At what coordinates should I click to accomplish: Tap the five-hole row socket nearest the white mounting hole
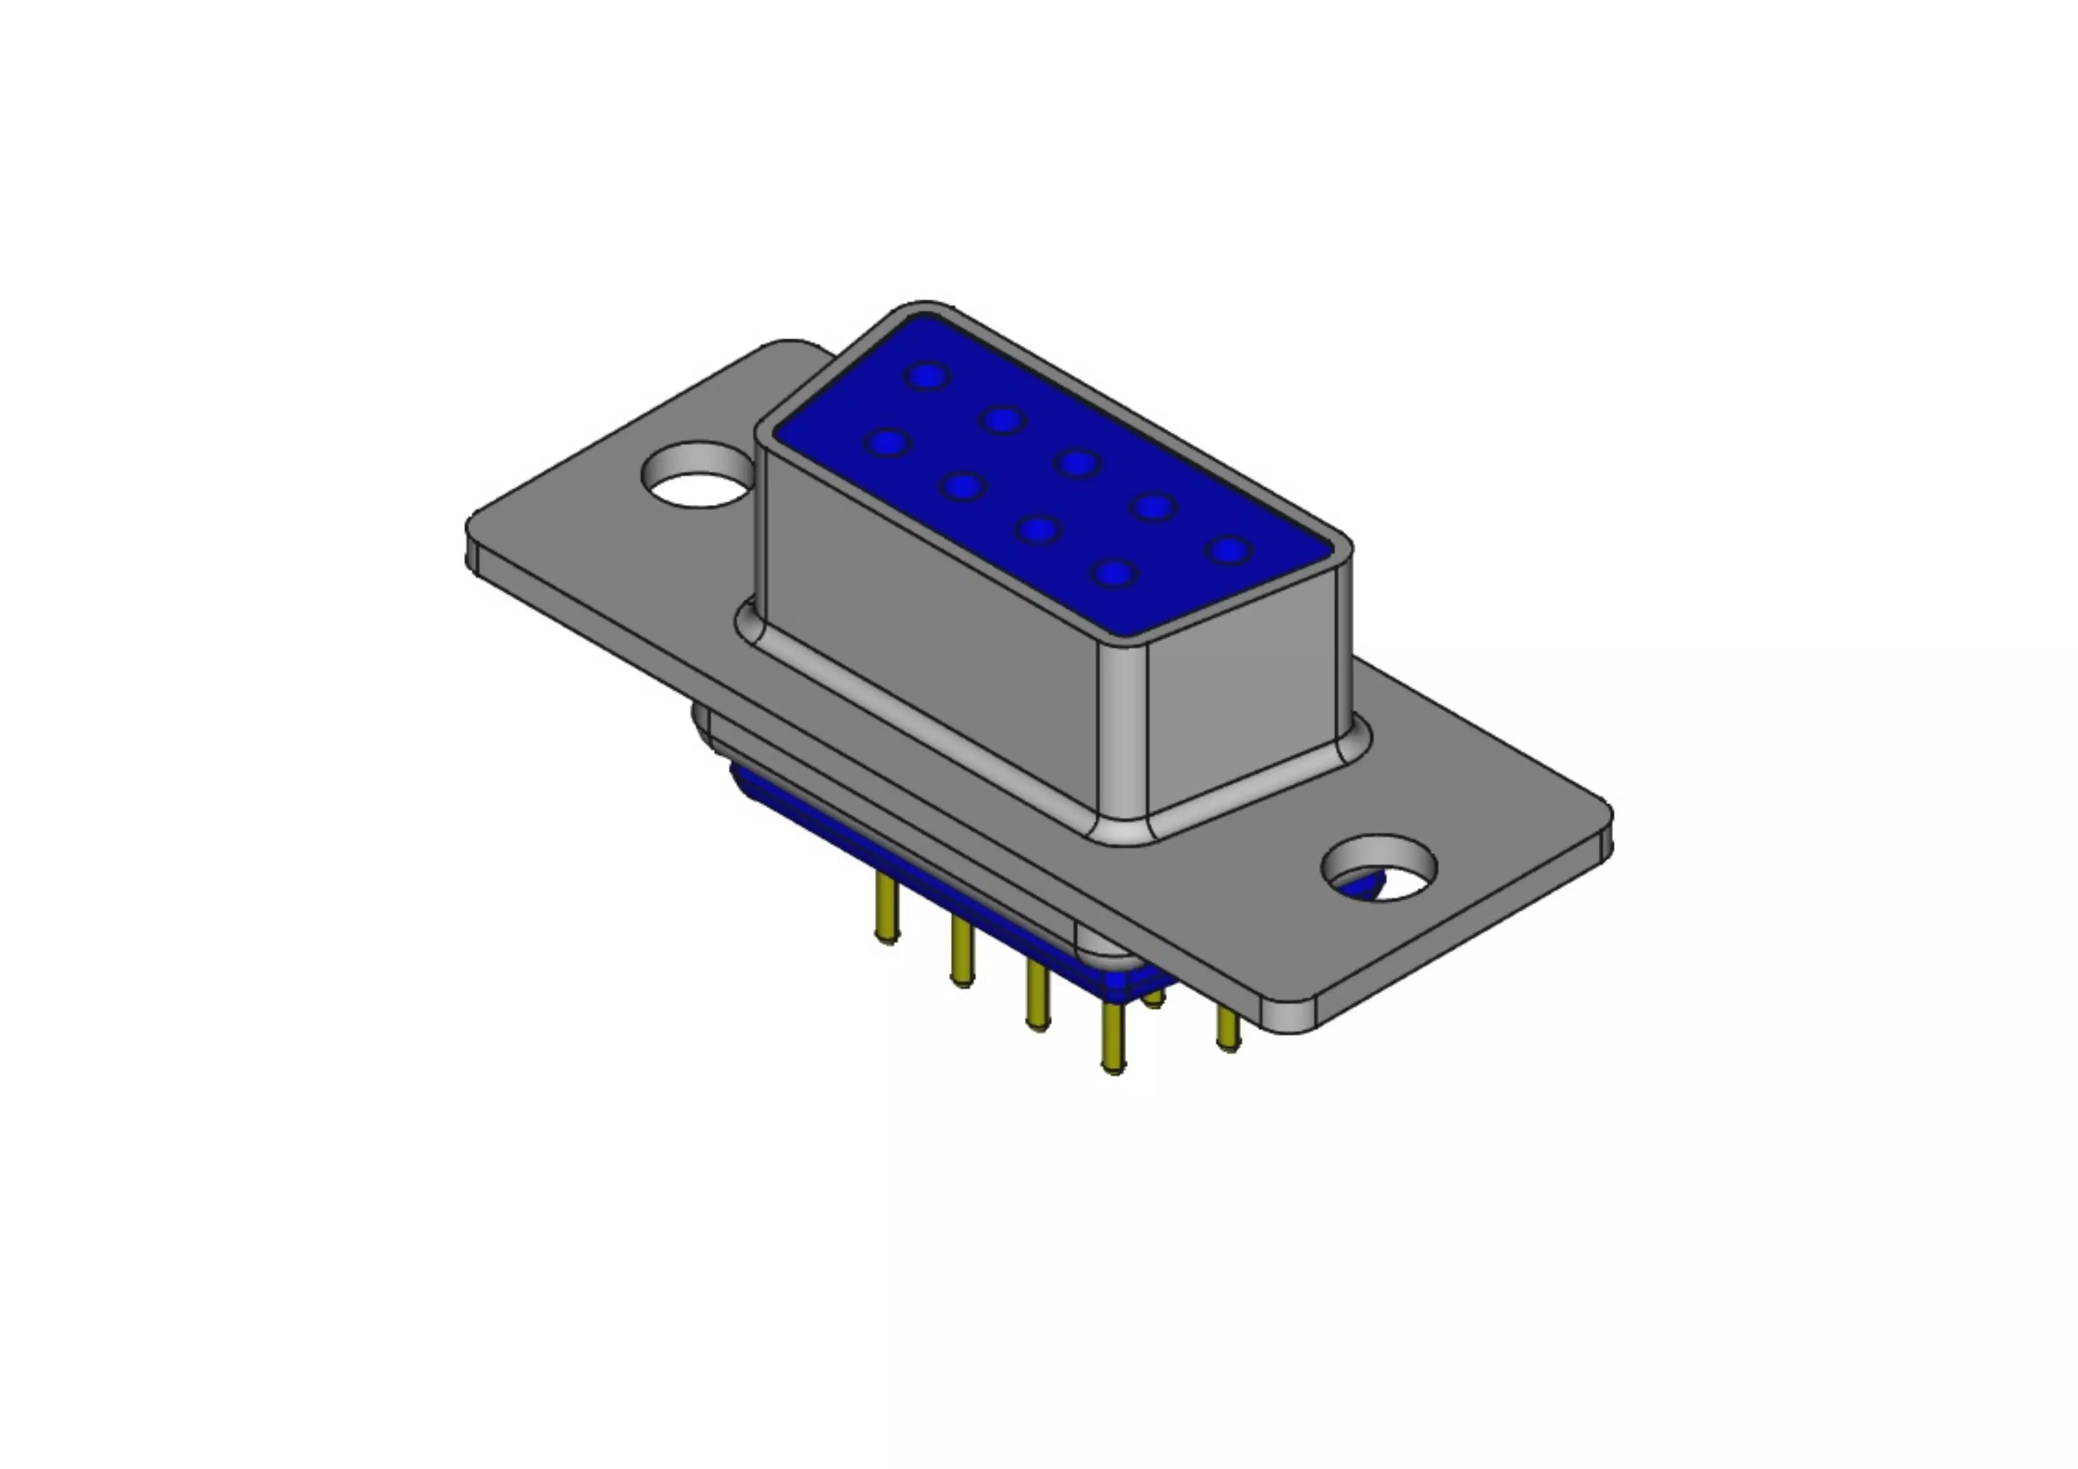928,376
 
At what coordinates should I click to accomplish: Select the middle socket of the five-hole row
1078,463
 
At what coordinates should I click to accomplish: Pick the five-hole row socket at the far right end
1229,549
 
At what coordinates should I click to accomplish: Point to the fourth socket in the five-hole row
1153,506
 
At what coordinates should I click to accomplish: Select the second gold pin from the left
962,950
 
